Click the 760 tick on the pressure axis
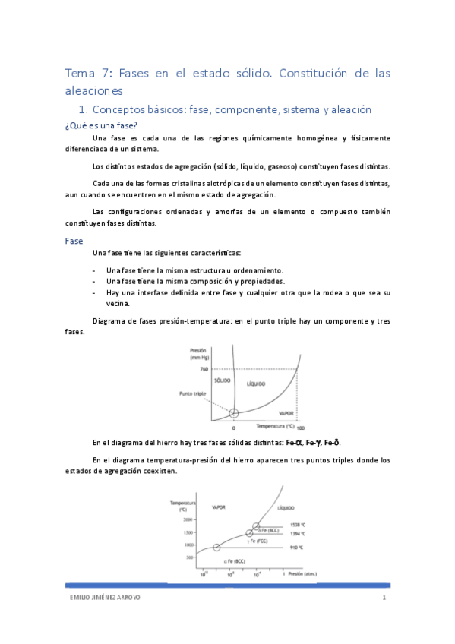[x=204, y=369]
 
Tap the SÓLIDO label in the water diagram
[x=222, y=380]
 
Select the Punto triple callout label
[x=192, y=394]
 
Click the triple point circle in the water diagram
[x=234, y=412]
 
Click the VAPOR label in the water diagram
[x=286, y=415]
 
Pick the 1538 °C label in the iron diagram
[x=298, y=525]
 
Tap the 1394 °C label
[x=298, y=534]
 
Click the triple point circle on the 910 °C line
[x=217, y=547]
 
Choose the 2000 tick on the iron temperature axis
[x=188, y=520]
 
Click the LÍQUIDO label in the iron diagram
[x=286, y=506]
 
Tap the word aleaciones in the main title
[x=99, y=91]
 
